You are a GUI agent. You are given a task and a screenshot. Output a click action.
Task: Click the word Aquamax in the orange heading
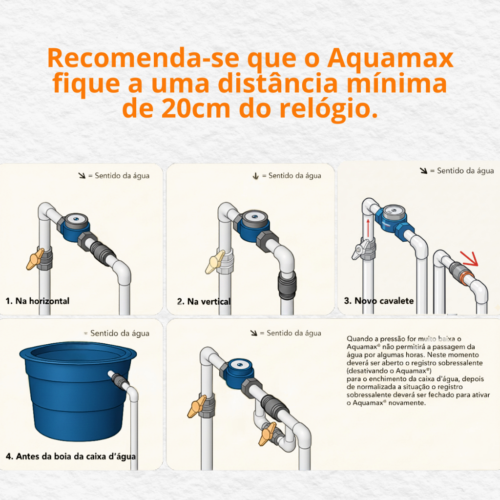pos(390,59)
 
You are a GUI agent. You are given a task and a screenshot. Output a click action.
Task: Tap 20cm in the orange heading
pos(195,108)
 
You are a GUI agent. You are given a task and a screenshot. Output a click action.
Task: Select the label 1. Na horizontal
pos(37,301)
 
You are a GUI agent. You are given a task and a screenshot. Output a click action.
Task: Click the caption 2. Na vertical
pos(204,302)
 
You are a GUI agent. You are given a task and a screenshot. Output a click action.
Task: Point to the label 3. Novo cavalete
pos(379,301)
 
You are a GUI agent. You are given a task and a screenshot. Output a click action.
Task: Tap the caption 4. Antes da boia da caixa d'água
pos(71,457)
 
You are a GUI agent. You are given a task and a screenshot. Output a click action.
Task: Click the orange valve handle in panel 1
pos(34,259)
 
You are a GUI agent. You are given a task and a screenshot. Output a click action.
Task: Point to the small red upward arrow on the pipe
pos(368,229)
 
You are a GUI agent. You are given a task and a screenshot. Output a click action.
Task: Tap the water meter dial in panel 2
pos(254,217)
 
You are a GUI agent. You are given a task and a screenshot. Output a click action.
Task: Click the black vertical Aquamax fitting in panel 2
pos(287,285)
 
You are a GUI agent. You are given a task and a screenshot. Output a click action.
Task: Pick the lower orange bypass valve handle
pos(267,434)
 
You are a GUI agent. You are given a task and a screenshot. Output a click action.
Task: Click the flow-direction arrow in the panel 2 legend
pos(255,176)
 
